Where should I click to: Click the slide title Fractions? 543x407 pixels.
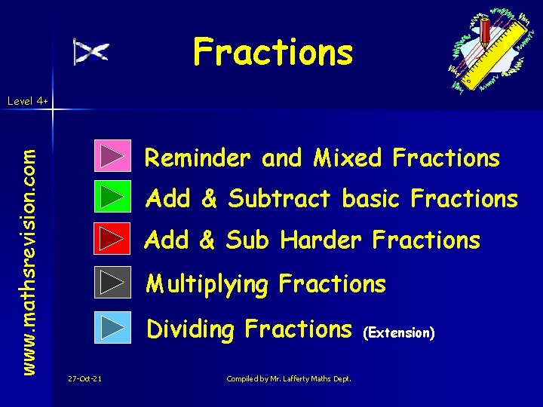[x=272, y=53]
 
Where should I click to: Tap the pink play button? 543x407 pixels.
[x=113, y=156]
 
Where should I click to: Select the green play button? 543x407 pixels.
[x=113, y=197]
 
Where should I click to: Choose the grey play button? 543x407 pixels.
[x=113, y=283]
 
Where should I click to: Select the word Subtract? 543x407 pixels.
[x=280, y=199]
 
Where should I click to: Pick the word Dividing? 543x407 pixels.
[x=192, y=329]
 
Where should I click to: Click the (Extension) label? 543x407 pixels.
[x=399, y=332]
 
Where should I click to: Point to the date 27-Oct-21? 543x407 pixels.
[x=84, y=378]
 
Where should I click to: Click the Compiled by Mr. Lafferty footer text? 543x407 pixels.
[x=289, y=378]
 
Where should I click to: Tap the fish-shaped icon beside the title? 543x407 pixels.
[x=90, y=51]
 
